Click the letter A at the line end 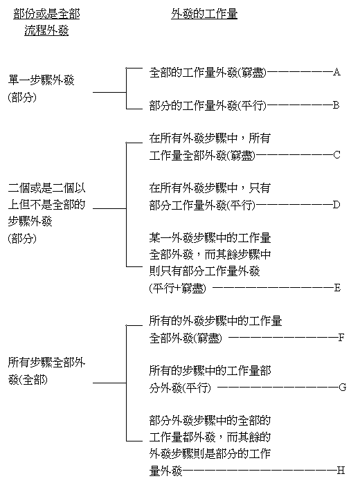pyautogui.click(x=336, y=72)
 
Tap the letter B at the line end pyautogui.click(x=336, y=105)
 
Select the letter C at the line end pyautogui.click(x=336, y=155)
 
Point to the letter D pyautogui.click(x=336, y=205)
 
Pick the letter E pyautogui.click(x=337, y=288)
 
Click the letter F pyautogui.click(x=341, y=338)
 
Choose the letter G pyautogui.click(x=343, y=388)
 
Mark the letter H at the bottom pyautogui.click(x=341, y=471)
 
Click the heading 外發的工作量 pyautogui.click(x=204, y=14)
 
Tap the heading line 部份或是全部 pyautogui.click(x=46, y=14)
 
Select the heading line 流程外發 pyautogui.click(x=46, y=30)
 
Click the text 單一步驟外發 pyautogui.click(x=42, y=80)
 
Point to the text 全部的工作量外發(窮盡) pyautogui.click(x=208, y=73)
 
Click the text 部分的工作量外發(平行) pyautogui.click(x=208, y=106)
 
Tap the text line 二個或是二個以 pyautogui.click(x=46, y=188)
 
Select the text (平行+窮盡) pyautogui.click(x=178, y=289)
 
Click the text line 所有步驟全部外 pyautogui.click(x=46, y=363)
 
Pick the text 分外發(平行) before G pyautogui.click(x=180, y=388)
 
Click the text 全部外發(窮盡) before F pyautogui.click(x=186, y=338)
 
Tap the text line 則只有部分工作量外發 pyautogui.click(x=205, y=271)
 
